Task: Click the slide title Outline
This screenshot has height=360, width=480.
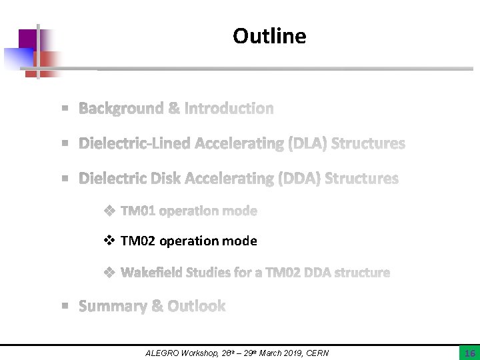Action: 269,36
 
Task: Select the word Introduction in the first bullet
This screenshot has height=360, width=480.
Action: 229,108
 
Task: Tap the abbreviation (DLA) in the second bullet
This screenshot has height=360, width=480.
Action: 306,143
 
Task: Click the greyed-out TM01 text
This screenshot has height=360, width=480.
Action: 139,211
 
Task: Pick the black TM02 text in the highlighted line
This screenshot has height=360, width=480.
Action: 139,241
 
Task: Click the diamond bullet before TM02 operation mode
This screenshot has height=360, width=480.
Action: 109,241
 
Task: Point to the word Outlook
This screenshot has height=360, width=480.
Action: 197,306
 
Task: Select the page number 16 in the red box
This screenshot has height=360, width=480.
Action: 469,353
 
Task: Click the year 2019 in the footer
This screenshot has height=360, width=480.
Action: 289,353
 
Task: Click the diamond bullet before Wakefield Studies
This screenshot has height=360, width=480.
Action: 109,273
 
